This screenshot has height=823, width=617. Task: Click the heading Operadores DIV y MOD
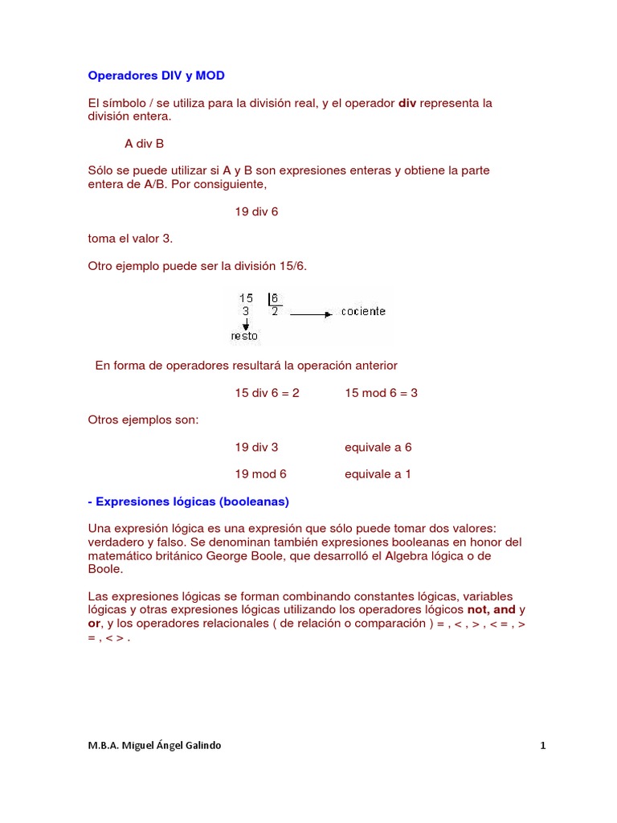pyautogui.click(x=156, y=76)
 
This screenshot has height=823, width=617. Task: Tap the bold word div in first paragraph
pyautogui.click(x=407, y=103)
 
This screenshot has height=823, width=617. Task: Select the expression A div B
pyautogui.click(x=144, y=144)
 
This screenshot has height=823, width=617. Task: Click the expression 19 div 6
pyautogui.click(x=256, y=211)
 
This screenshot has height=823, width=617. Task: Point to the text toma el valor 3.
pyautogui.click(x=130, y=239)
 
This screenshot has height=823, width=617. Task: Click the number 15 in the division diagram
pyautogui.click(x=246, y=298)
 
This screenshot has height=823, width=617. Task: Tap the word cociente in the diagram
pyautogui.click(x=363, y=312)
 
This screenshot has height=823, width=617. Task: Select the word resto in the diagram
pyautogui.click(x=244, y=336)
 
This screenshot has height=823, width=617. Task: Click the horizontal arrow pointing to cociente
pyautogui.click(x=311, y=314)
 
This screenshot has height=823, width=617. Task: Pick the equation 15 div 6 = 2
pyautogui.click(x=267, y=393)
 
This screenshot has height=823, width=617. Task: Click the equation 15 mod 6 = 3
pyautogui.click(x=381, y=393)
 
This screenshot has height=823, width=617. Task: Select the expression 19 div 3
pyautogui.click(x=256, y=447)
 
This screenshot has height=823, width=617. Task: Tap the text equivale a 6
pyautogui.click(x=378, y=447)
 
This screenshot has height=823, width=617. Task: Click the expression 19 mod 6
pyautogui.click(x=260, y=474)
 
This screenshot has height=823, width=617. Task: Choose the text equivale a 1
pyautogui.click(x=378, y=474)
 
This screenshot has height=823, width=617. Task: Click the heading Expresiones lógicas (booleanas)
pyautogui.click(x=188, y=502)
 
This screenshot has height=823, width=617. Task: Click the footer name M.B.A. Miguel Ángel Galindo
pyautogui.click(x=154, y=745)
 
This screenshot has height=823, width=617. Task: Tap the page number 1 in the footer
pyautogui.click(x=543, y=745)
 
